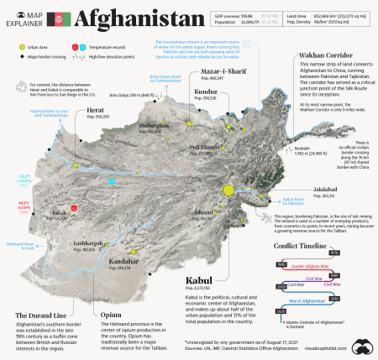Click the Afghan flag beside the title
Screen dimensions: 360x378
click(61, 18)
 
